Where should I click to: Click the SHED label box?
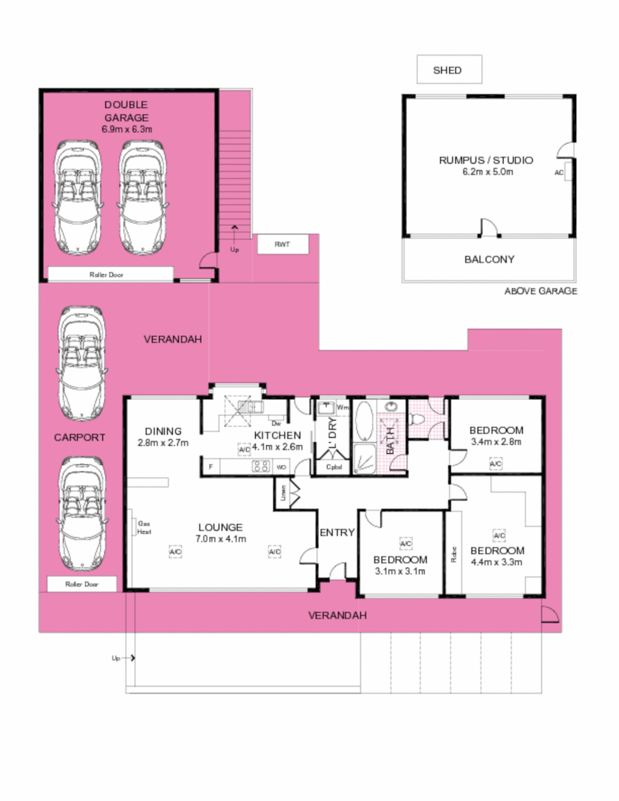448,70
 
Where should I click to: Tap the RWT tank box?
282,244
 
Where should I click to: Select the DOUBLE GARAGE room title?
126,111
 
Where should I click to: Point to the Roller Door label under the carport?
81,584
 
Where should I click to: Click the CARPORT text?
79,438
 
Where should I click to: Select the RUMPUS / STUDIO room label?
486,160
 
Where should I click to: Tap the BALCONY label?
489,260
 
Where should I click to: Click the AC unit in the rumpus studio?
559,172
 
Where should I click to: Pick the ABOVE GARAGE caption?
540,291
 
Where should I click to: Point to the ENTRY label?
337,533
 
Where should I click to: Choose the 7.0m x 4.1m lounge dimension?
221,538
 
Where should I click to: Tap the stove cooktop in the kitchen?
262,467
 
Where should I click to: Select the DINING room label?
163,431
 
